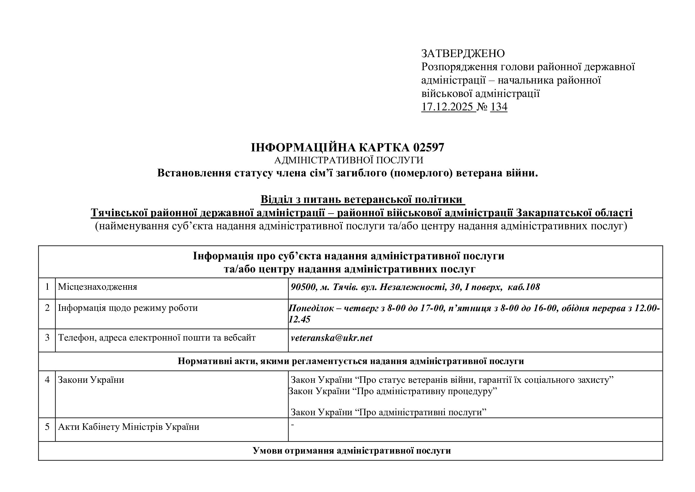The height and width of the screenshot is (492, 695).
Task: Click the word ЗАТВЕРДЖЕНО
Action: [463, 54]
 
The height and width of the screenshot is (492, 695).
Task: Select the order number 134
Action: [499, 107]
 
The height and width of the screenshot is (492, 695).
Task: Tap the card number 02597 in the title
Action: [428, 148]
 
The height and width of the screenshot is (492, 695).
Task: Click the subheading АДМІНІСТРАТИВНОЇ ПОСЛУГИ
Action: [349, 160]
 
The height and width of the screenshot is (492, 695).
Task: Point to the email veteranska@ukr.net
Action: [332, 338]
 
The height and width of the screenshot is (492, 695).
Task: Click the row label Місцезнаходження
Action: [97, 287]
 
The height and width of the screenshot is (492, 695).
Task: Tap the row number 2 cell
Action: [47, 308]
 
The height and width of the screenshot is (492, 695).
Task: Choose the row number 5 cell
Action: [47, 427]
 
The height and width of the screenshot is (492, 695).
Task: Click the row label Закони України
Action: [91, 380]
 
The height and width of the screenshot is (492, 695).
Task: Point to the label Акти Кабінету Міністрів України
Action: [129, 427]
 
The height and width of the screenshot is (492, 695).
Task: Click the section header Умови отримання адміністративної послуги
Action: [352, 451]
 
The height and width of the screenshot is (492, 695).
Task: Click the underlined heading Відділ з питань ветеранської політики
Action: [362, 200]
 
